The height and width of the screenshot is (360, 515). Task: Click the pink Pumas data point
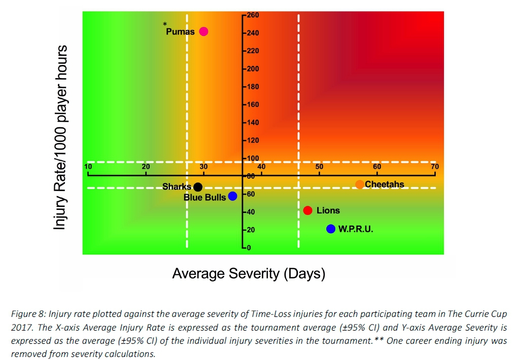(203, 31)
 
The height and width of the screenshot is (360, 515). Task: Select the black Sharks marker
(198, 187)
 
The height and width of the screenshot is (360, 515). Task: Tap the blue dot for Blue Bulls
(232, 196)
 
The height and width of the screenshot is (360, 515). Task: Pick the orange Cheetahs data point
(360, 184)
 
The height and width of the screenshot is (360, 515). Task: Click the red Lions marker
(307, 210)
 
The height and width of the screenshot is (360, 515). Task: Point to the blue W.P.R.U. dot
(331, 229)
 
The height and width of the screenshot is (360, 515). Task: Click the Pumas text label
(180, 32)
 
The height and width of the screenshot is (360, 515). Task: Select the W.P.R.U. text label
(356, 229)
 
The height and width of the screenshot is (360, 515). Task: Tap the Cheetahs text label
(385, 184)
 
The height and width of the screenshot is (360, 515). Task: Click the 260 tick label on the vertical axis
(253, 15)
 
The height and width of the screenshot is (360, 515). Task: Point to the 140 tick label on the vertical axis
(253, 123)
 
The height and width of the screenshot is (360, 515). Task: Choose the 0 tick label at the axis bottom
(249, 248)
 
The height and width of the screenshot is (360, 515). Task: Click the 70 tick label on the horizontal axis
(434, 166)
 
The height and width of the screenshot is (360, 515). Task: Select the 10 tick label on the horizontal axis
(88, 166)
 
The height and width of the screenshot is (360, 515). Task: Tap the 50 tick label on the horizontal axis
(319, 166)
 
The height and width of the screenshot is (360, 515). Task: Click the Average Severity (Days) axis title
(249, 274)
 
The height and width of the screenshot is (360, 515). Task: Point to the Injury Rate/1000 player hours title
(61, 137)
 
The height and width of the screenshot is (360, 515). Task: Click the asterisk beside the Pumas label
(165, 24)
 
